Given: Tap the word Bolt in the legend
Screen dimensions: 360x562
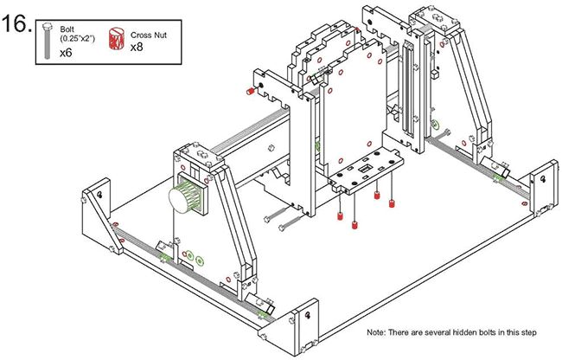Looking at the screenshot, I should pyautogui.click(x=67, y=29).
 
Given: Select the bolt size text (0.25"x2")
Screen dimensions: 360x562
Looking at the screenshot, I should pyautogui.click(x=78, y=38).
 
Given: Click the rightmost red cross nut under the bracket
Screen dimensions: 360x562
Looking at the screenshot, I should pyautogui.click(x=393, y=204).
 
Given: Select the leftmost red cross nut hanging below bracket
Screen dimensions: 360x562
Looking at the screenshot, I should pyautogui.click(x=340, y=215).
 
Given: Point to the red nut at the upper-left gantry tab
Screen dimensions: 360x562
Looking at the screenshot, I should pyautogui.click(x=248, y=91).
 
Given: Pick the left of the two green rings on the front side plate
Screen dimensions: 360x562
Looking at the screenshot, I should pyautogui.click(x=188, y=255).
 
